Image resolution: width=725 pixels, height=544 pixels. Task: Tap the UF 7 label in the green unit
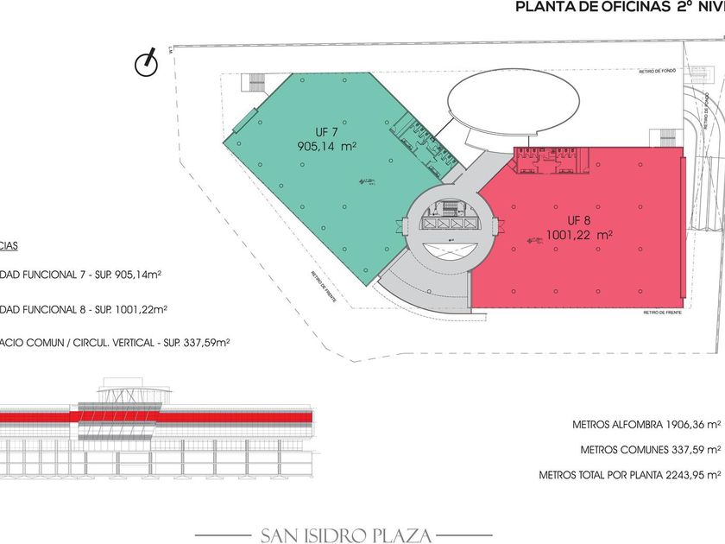click(325, 132)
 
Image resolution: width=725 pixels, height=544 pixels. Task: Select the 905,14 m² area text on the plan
click(326, 147)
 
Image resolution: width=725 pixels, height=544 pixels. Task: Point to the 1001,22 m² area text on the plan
click(579, 234)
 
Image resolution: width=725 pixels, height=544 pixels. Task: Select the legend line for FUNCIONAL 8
click(84, 308)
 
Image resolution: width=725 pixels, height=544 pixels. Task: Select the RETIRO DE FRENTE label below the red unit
click(663, 313)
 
